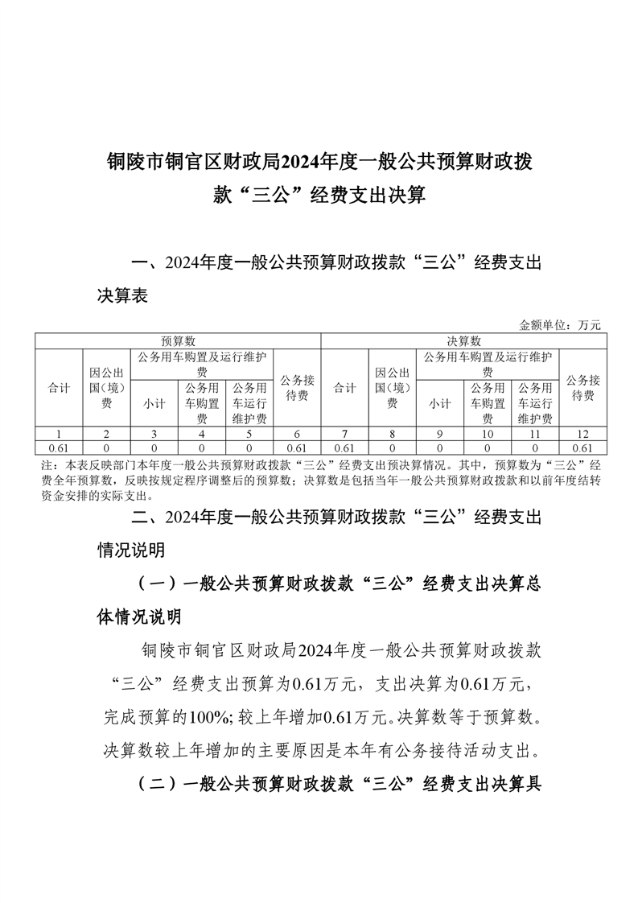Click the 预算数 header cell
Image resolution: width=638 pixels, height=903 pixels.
point(178,341)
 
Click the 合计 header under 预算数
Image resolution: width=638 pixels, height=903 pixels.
point(58,388)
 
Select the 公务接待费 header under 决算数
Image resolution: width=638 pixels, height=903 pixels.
point(582,388)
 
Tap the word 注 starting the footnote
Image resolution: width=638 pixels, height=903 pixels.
point(44,465)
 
